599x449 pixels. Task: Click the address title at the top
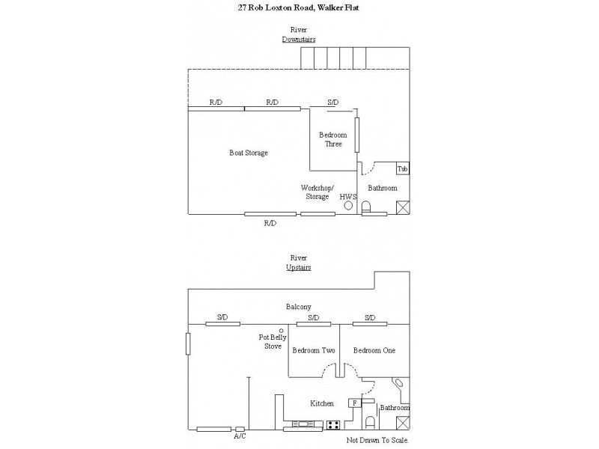coord(298,7)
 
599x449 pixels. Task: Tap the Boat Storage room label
coord(249,153)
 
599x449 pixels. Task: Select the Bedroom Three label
coord(333,139)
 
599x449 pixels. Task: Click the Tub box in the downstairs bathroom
coord(403,169)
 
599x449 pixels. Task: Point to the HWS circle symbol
coord(348,205)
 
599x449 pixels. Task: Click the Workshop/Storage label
coord(317,192)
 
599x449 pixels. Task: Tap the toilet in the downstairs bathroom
coord(366,207)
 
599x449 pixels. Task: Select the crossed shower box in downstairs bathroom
coord(403,207)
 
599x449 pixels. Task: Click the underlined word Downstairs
coord(299,40)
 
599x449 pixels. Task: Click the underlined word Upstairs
coord(299,268)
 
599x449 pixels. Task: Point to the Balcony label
coord(299,307)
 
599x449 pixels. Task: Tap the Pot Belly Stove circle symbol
coord(282,331)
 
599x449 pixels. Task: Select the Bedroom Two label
coord(314,350)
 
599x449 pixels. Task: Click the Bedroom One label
coord(374,350)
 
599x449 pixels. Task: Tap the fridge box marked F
coord(354,403)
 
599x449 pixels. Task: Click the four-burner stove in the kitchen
coord(333,425)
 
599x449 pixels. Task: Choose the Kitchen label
coord(322,403)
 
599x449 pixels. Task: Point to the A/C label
coord(240,436)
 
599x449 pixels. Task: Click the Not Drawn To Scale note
coord(377,440)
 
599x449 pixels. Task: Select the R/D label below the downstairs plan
coord(270,223)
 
